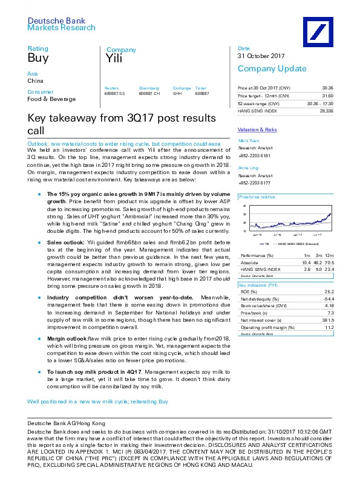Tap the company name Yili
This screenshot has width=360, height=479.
coord(114,59)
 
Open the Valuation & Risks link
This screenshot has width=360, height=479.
coord(257,129)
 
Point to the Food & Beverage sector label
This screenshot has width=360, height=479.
coord(46,99)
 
